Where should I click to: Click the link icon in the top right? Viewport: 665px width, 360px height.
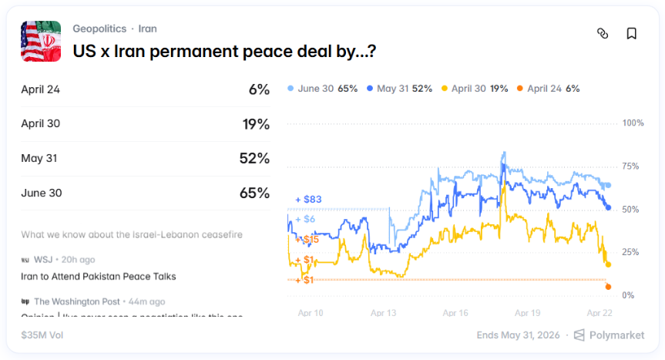[603, 33]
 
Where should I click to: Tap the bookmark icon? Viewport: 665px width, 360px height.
[631, 33]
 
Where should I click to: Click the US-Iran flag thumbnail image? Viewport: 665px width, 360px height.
[41, 41]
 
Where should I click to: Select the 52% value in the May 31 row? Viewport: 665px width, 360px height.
[254, 159]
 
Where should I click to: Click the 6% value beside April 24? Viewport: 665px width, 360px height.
[259, 89]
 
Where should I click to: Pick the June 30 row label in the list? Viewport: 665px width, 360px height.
[42, 193]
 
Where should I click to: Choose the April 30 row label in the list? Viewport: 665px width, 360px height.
[40, 124]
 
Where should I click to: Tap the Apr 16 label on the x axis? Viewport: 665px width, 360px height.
[455, 313]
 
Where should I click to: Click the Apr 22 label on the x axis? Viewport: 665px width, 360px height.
[600, 313]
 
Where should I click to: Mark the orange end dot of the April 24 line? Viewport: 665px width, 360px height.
[608, 287]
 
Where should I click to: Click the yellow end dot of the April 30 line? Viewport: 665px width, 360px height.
[608, 264]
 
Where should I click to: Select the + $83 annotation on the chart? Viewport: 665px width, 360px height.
[309, 200]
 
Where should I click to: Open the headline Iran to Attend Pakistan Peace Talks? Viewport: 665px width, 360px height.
[98, 276]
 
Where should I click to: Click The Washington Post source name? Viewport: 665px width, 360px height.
[77, 301]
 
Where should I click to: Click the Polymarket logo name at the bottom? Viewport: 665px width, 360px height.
[617, 335]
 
